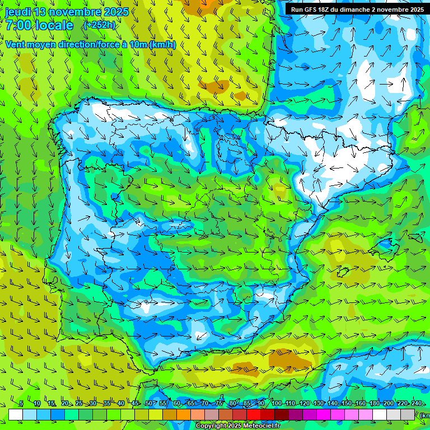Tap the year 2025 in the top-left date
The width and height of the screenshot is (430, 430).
(x=115, y=12)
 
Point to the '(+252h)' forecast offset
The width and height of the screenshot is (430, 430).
(x=99, y=25)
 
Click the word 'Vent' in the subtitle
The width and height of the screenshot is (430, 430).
(x=16, y=44)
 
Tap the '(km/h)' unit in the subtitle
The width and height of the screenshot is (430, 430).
(x=162, y=44)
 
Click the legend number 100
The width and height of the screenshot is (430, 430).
(x=277, y=403)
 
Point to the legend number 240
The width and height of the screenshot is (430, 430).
(x=416, y=403)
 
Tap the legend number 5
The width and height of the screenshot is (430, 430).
(x=21, y=403)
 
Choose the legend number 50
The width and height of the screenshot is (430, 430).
(x=148, y=403)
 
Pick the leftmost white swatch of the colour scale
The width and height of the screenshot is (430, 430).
(x=16, y=414)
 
